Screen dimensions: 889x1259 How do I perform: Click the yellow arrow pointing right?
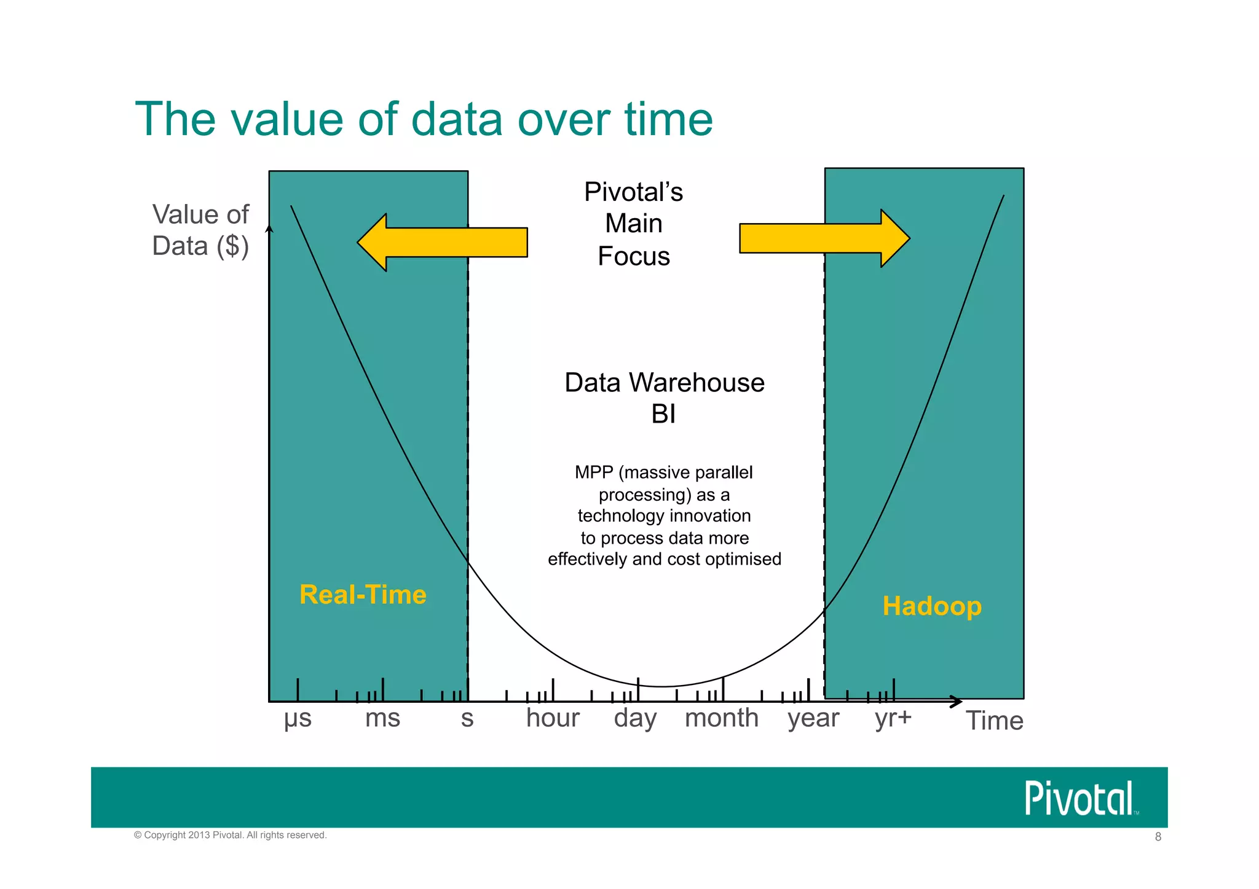click(824, 238)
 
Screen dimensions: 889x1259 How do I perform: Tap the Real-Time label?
click(363, 595)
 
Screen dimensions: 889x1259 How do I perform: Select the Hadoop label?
click(932, 606)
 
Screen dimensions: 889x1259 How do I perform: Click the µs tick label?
click(298, 718)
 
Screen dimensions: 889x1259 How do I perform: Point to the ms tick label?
click(382, 718)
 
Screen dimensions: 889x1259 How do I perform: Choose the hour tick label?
click(553, 718)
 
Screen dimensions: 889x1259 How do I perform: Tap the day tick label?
click(635, 719)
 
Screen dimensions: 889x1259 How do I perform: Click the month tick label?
click(722, 718)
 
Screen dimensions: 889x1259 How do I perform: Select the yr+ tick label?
click(893, 718)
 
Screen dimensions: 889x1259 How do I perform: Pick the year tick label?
click(813, 719)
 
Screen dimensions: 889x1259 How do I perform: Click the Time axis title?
click(994, 721)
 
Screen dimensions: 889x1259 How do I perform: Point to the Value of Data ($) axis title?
click(200, 230)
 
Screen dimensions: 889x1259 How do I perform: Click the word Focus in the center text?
click(634, 256)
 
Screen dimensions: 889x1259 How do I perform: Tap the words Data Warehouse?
click(664, 383)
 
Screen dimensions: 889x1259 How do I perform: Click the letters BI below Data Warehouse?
click(663, 415)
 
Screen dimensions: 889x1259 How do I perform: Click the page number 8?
click(1158, 837)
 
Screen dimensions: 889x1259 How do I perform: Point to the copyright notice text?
click(231, 835)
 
